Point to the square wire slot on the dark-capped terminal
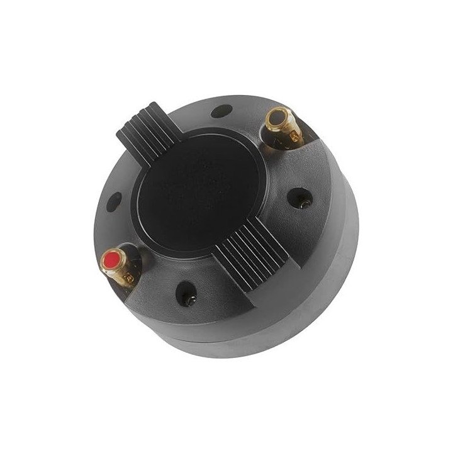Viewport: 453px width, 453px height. click(294, 128)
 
